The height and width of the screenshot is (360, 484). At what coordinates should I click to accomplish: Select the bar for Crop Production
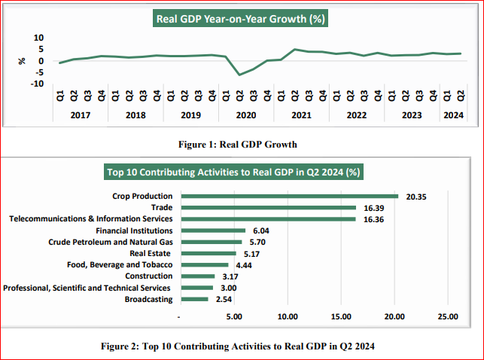pyautogui.click(x=290, y=197)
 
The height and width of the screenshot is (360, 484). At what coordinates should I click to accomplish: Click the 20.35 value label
pyautogui.click(x=417, y=197)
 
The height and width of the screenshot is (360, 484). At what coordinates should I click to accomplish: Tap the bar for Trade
pyautogui.click(x=269, y=208)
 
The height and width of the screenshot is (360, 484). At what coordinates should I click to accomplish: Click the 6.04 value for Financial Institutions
pyautogui.click(x=259, y=230)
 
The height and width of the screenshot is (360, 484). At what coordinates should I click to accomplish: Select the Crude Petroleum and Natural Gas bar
pyautogui.click(x=212, y=242)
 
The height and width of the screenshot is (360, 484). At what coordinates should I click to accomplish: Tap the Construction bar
pyautogui.click(x=198, y=276)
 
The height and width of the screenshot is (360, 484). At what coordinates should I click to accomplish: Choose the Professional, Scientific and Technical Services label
pyautogui.click(x=87, y=288)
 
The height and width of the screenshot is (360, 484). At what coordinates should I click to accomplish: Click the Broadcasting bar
pyautogui.click(x=195, y=299)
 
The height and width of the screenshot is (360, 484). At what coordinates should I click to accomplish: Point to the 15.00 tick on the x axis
pyautogui.click(x=341, y=317)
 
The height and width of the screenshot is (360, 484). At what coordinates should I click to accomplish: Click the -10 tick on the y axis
pyautogui.click(x=36, y=84)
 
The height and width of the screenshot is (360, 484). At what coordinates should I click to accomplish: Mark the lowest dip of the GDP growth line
pyautogui.click(x=239, y=75)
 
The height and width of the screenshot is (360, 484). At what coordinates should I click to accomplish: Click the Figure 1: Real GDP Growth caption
pyautogui.click(x=241, y=143)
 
